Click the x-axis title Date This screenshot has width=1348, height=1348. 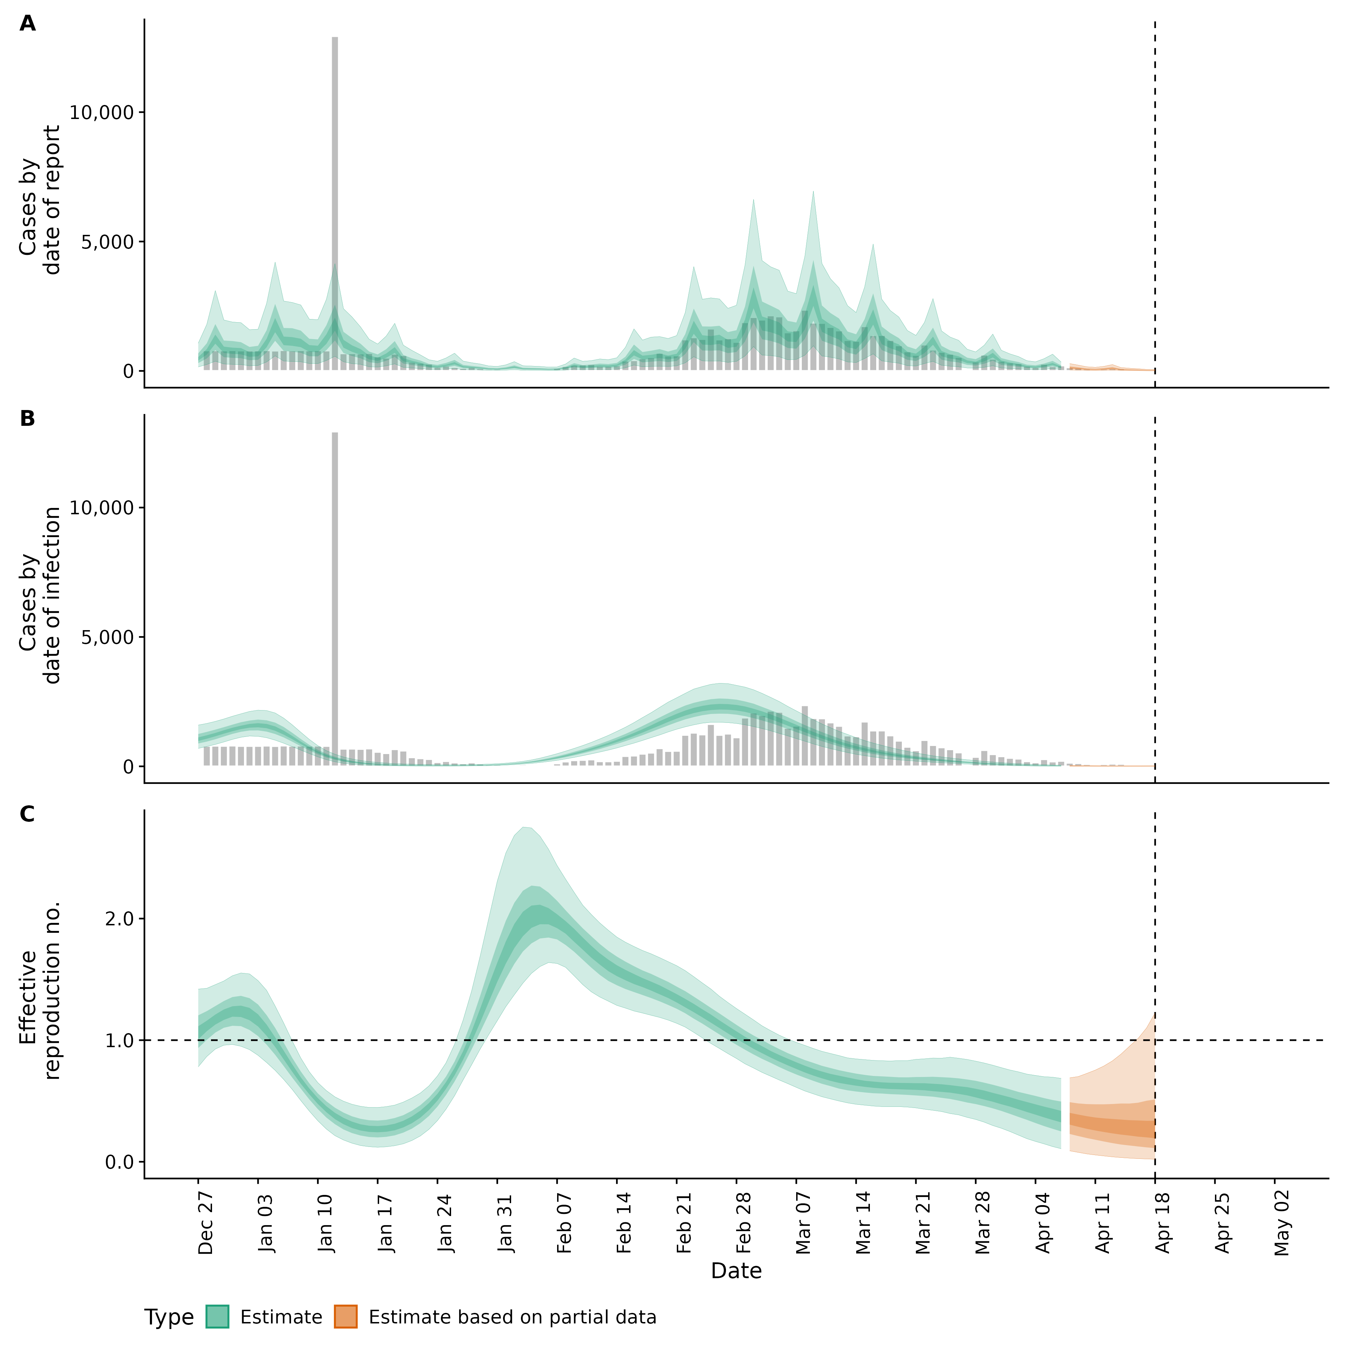coord(736,1271)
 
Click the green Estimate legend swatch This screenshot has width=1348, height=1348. coord(217,1317)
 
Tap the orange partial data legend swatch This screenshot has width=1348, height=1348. coord(345,1317)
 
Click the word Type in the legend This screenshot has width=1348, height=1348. coord(169,1317)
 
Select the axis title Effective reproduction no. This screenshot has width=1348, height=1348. coord(40,991)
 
